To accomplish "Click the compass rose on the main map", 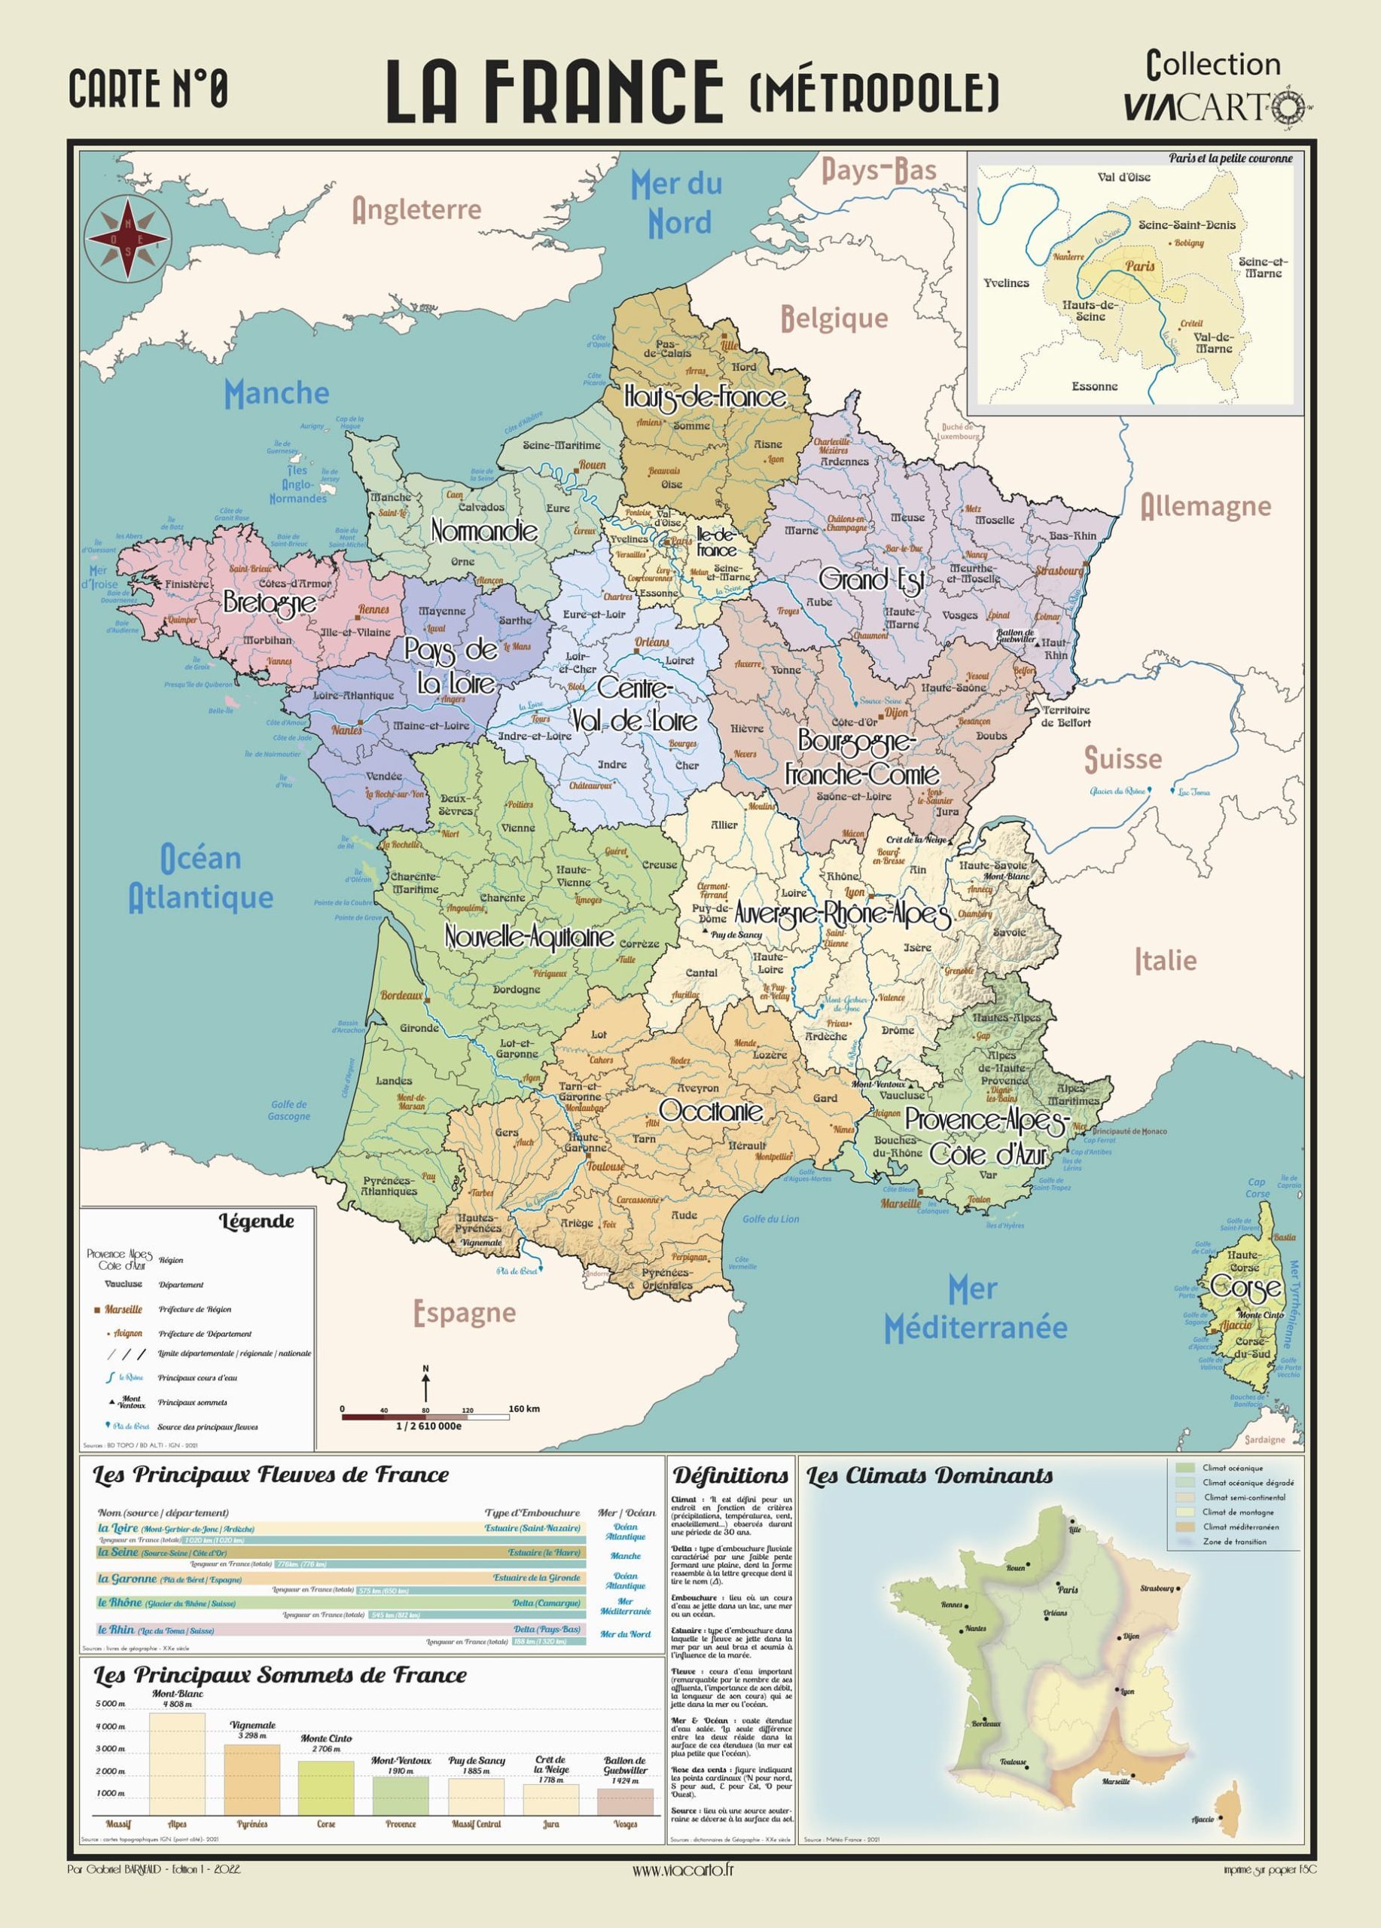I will (127, 238).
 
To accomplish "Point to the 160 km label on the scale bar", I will (524, 1408).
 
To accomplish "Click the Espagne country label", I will (465, 1313).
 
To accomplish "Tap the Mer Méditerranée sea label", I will (975, 1309).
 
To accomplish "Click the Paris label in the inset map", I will (1141, 266).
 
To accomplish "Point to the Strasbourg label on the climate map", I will (1157, 1588).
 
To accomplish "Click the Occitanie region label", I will (711, 1111).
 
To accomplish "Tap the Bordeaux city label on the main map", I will (401, 995).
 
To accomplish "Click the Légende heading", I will (257, 1222).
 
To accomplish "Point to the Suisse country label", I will (1123, 759).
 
